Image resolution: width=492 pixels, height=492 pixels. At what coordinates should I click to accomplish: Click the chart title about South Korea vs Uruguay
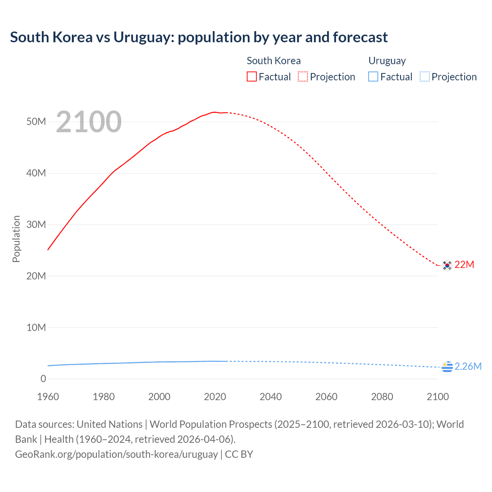[x=199, y=37]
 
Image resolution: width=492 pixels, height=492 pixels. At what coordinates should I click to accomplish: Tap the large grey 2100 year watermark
[x=89, y=122]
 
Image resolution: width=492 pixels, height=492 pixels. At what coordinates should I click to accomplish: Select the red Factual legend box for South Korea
[x=252, y=76]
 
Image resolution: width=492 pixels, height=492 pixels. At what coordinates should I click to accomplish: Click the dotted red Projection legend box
[x=303, y=76]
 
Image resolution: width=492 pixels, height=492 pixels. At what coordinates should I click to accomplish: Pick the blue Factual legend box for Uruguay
[x=373, y=76]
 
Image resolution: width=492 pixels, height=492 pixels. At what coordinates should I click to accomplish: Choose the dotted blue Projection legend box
[x=425, y=76]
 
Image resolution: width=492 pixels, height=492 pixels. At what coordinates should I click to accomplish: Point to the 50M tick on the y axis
[x=36, y=122]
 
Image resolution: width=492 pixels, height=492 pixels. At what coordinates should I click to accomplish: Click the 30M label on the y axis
[x=36, y=224]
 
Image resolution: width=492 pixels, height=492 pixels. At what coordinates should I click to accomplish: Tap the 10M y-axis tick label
[x=36, y=327]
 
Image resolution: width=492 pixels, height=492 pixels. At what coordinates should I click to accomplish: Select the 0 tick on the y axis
[x=43, y=379]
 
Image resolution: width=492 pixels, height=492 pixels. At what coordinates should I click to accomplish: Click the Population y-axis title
[x=16, y=239]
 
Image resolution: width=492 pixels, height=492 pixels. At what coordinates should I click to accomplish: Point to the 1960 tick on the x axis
[x=48, y=397]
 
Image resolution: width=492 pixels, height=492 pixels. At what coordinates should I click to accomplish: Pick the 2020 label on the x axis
[x=215, y=397]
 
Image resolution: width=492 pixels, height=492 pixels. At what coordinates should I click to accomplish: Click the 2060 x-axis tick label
[x=326, y=397]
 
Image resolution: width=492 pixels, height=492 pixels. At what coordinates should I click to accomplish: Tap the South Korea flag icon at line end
[x=447, y=265]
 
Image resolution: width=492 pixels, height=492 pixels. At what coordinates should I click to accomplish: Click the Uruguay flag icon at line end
[x=447, y=367]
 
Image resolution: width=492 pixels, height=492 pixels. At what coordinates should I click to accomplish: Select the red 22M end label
[x=464, y=265]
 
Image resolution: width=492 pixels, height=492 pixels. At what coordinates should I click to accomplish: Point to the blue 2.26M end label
[x=468, y=366]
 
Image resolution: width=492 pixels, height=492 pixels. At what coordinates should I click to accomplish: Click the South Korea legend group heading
[x=274, y=61]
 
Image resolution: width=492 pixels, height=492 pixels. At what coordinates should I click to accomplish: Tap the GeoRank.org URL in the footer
[x=116, y=454]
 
